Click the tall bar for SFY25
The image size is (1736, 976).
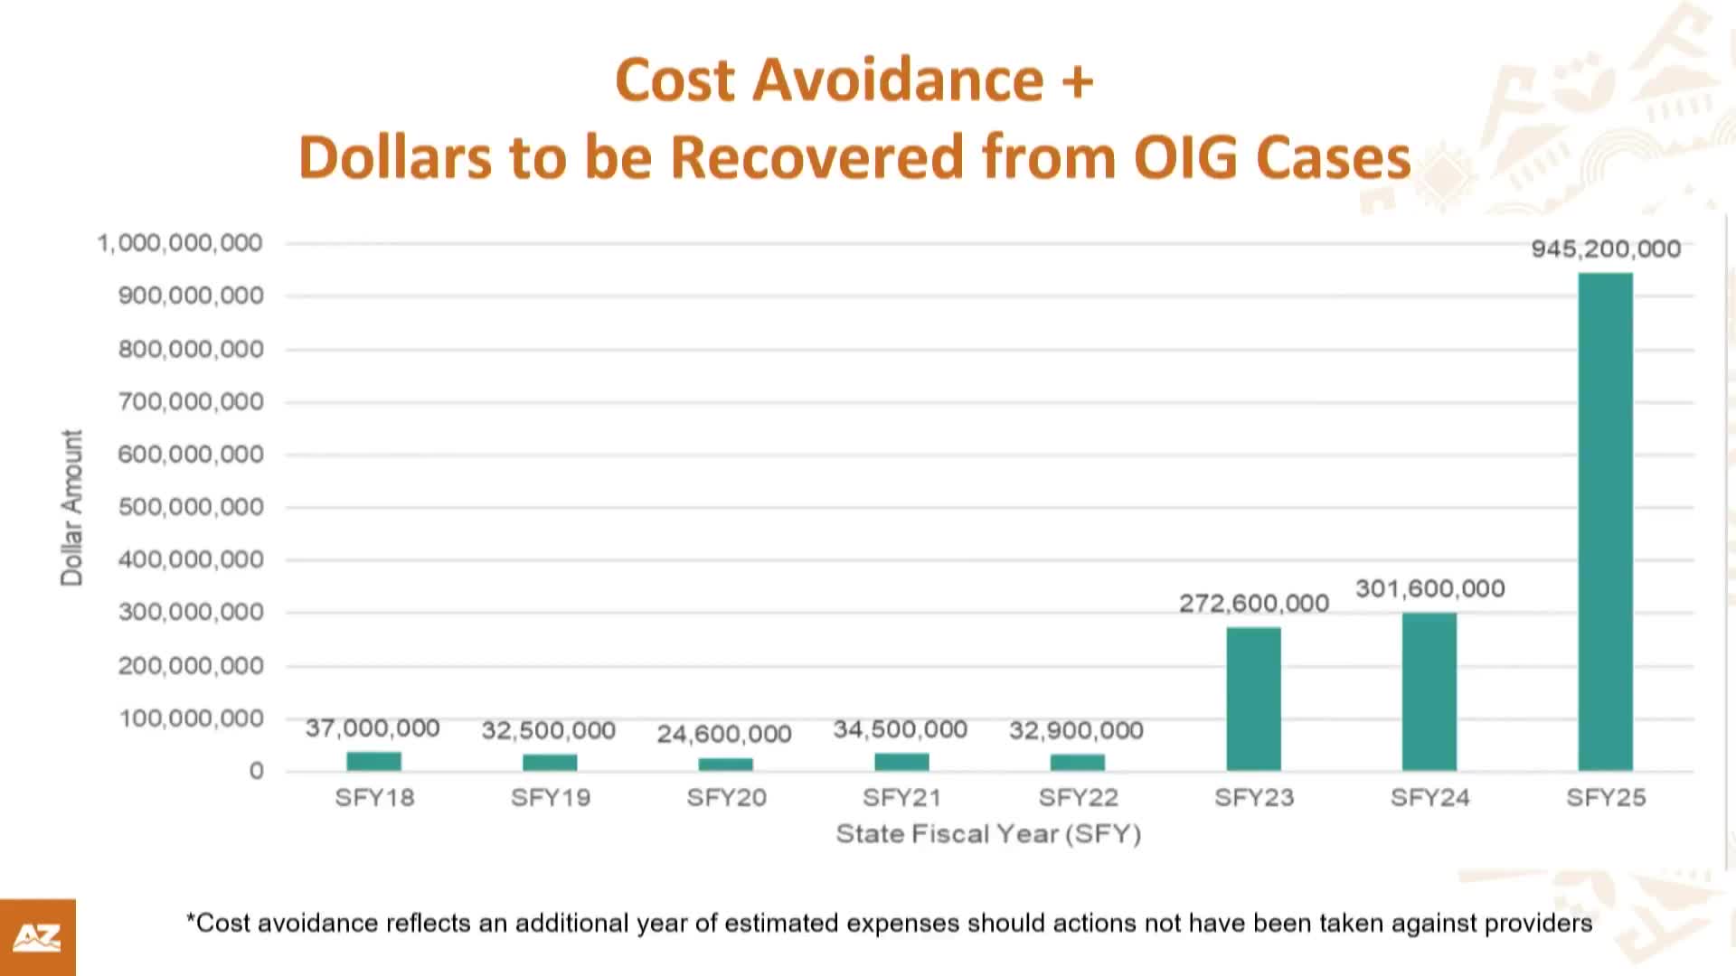point(1605,521)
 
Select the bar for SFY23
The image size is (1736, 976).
point(1253,699)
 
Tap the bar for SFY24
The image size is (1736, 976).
point(1429,691)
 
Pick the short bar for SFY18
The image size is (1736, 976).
point(373,761)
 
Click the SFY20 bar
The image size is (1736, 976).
point(725,765)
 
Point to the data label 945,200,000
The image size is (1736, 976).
point(1605,249)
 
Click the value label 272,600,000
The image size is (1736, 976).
point(1253,604)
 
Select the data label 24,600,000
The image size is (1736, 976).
point(724,734)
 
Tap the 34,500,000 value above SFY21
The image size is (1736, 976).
point(900,729)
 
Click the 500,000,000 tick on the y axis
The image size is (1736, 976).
point(191,507)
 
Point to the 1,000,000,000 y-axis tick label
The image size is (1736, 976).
point(180,243)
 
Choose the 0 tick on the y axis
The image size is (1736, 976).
point(257,772)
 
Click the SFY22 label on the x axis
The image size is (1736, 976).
point(1078,798)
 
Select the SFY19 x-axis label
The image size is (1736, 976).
point(550,798)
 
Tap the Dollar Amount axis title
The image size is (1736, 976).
point(71,508)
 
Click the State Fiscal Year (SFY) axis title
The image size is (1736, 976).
point(988,834)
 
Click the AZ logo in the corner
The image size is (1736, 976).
point(37,937)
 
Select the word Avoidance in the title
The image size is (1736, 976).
point(898,80)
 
